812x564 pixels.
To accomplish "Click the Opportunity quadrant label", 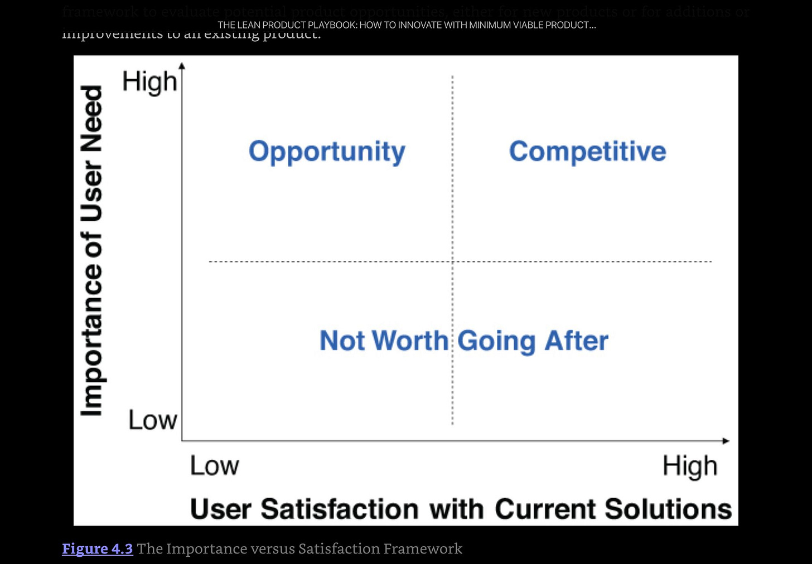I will point(327,152).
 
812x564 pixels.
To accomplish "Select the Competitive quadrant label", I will point(587,152).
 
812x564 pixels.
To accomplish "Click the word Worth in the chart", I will point(410,341).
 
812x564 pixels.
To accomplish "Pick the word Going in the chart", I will point(496,341).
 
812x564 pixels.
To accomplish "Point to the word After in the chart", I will point(577,341).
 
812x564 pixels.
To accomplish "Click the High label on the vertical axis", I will point(149,82).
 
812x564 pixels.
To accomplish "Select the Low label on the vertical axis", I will point(152,420).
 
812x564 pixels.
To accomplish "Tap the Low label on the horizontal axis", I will point(214,466).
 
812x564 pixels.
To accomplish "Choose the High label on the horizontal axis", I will point(690,466).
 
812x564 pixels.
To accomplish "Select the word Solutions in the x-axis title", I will point(668,509).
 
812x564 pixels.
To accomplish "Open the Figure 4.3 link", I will point(98,549).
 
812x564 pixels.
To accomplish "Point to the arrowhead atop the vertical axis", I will point(182,66).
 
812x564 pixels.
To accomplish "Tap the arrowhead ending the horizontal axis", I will point(726,441).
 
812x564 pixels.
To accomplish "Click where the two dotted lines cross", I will point(452,261).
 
